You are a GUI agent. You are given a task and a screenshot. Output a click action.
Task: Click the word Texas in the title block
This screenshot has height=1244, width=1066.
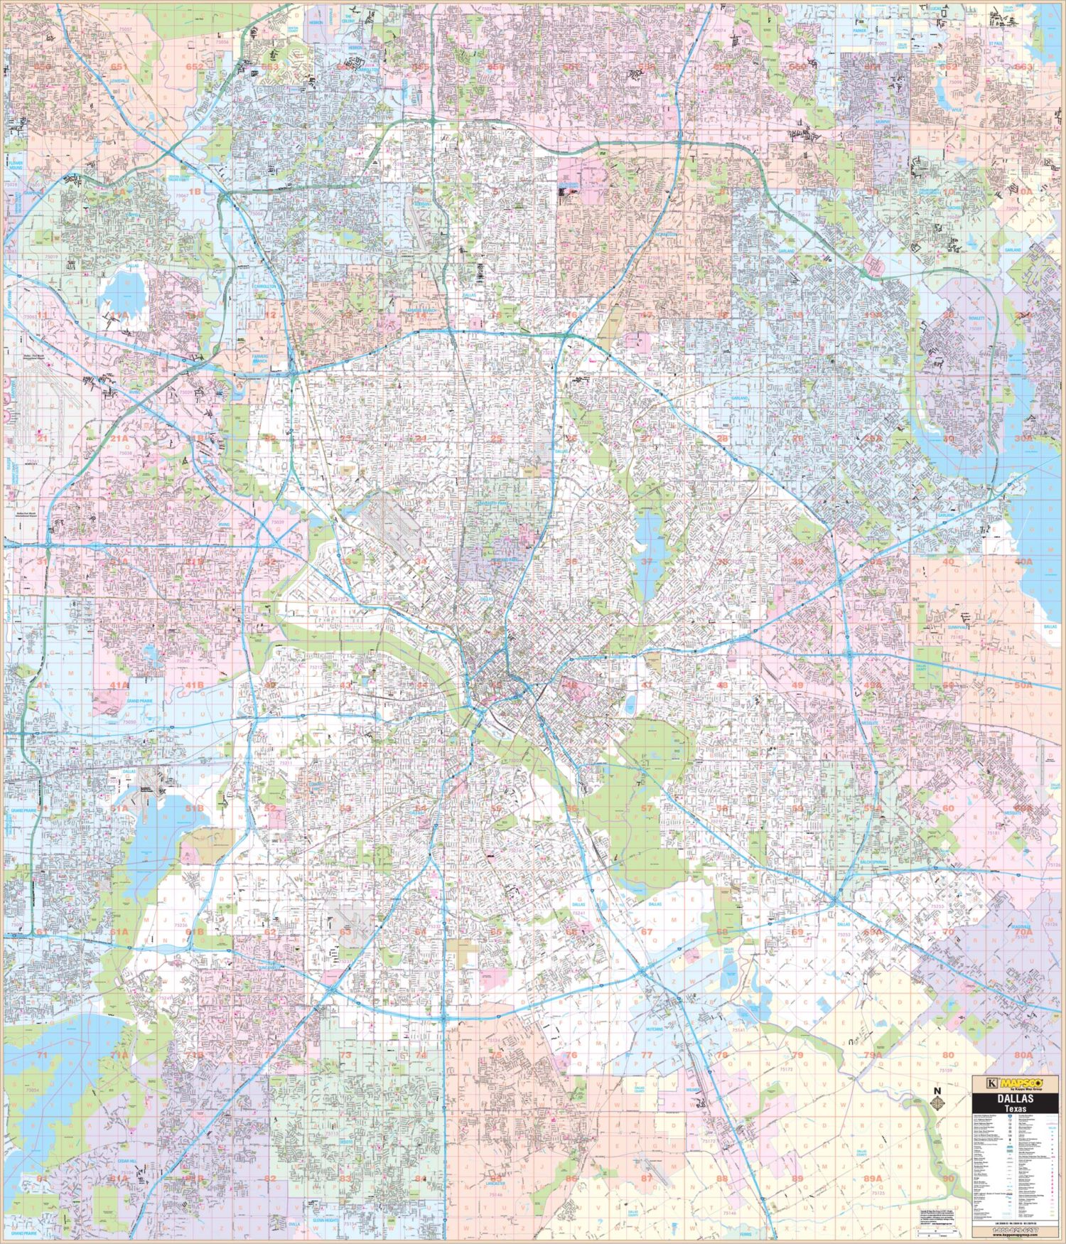coord(1015,1109)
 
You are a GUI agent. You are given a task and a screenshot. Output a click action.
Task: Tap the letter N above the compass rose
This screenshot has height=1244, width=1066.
coord(937,1091)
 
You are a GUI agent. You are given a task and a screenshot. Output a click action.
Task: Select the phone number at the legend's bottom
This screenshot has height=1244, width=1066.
coord(1015,1230)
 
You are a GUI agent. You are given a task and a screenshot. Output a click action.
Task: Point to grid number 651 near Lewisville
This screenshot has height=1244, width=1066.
coord(119,67)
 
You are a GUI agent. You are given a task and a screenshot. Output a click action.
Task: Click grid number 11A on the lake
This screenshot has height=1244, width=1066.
coord(119,314)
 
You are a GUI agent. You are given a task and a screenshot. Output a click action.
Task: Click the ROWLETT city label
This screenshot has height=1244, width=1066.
coord(976,318)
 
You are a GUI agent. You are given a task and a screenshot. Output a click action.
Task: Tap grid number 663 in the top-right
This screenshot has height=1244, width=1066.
coord(1023,67)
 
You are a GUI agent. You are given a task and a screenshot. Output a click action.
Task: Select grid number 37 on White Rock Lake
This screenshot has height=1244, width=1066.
coord(646,562)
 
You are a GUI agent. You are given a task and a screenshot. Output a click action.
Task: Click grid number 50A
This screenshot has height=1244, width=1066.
coord(1023,685)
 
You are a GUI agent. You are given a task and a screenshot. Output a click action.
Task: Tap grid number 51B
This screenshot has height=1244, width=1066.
coord(194,808)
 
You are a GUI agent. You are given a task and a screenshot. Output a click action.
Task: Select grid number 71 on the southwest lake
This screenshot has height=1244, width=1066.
coord(43,1055)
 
